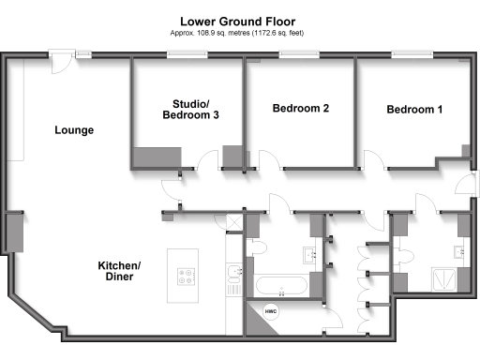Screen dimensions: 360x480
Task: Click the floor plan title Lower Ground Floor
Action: pyautogui.click(x=239, y=20)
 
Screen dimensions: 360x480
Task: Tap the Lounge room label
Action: pyautogui.click(x=74, y=130)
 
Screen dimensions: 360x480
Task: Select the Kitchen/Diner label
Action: pyautogui.click(x=120, y=272)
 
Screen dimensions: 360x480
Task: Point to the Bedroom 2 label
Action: pyautogui.click(x=300, y=109)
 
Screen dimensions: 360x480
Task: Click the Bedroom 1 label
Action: pyautogui.click(x=414, y=110)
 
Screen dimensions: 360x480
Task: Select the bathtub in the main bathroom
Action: pyautogui.click(x=280, y=288)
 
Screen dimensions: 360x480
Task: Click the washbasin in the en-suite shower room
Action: pyautogui.click(x=457, y=251)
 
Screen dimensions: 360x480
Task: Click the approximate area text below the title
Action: pyautogui.click(x=239, y=33)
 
